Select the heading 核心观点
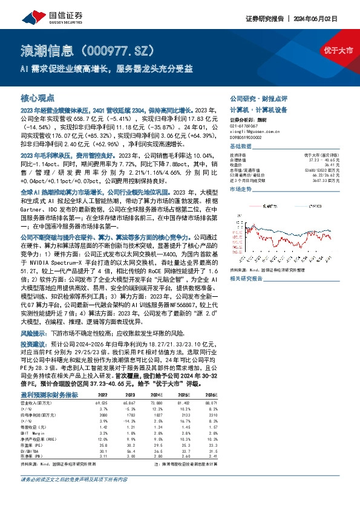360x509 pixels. (x=38, y=97)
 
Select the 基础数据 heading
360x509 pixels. (x=241, y=147)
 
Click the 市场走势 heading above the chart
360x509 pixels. (x=241, y=190)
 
